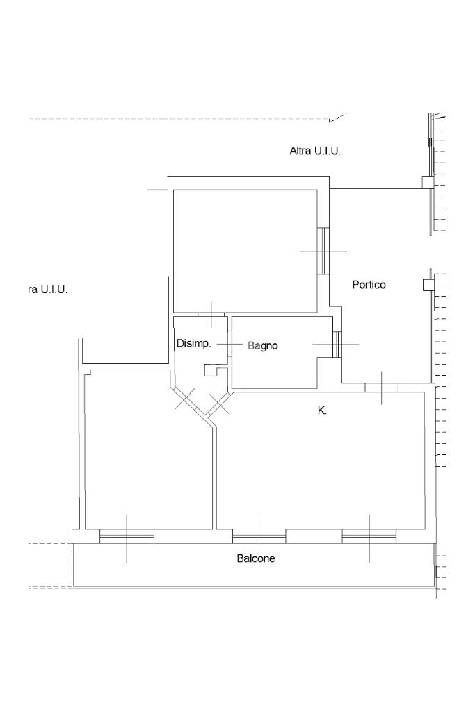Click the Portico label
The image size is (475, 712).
(369, 285)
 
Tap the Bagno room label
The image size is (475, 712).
(263, 346)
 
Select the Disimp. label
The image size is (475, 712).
(193, 344)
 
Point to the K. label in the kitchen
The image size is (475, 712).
(322, 411)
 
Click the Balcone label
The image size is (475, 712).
(256, 558)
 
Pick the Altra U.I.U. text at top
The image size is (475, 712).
(315, 151)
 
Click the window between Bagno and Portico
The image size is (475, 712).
(337, 345)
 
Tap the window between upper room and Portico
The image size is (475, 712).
(323, 251)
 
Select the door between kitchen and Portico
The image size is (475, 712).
(381, 388)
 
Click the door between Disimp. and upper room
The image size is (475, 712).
(211, 314)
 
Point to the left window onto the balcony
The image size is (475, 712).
(127, 536)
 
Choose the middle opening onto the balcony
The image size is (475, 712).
(259, 536)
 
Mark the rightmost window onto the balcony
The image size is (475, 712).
(369, 536)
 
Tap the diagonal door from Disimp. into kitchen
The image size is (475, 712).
(220, 403)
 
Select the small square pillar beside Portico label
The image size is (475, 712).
(427, 285)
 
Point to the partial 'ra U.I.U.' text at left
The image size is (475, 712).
(48, 290)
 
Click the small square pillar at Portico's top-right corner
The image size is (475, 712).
(427, 183)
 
